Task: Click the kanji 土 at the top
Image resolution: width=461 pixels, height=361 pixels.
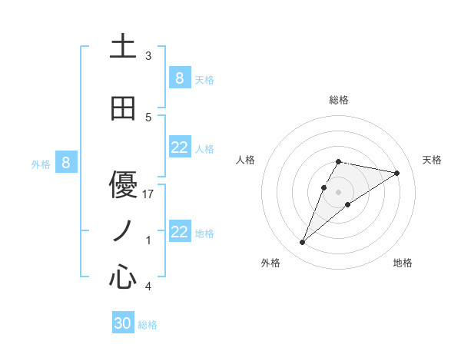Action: (123, 47)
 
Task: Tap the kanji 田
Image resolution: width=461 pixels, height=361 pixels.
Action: (123, 109)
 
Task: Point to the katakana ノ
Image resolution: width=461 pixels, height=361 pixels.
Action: (123, 230)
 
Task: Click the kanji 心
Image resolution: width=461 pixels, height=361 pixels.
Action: (123, 276)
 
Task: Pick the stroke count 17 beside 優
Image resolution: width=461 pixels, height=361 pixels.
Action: (148, 194)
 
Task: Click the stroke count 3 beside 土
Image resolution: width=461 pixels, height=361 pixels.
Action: (148, 56)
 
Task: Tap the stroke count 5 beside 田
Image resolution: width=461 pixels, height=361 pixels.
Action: (148, 118)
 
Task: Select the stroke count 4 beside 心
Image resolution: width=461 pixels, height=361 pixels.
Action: (148, 286)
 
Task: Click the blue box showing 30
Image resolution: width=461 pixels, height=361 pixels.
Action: (123, 323)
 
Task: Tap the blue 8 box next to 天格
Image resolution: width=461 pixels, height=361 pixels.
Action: (179, 78)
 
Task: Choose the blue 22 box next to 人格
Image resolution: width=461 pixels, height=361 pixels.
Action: (179, 147)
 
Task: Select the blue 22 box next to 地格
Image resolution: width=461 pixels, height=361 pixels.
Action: (179, 232)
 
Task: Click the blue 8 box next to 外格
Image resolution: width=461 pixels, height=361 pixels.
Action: (66, 163)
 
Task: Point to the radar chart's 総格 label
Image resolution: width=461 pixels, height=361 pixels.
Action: (338, 100)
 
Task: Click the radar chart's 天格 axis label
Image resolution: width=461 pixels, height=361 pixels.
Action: (432, 160)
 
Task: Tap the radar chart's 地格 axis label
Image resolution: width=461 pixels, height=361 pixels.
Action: (403, 263)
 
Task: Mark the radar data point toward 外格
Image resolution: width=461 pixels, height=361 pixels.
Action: (303, 243)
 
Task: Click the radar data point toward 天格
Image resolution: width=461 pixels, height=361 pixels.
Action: (397, 173)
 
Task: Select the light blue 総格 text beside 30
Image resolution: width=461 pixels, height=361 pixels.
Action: (148, 325)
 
